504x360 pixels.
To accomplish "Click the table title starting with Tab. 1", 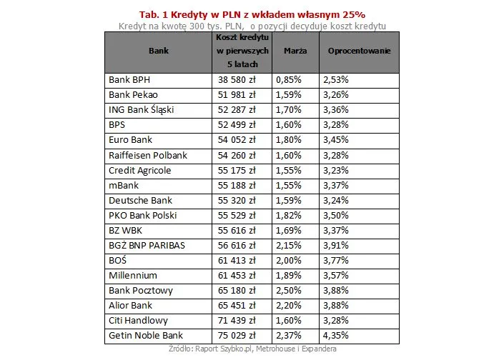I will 252,14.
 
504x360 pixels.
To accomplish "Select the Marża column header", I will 295,51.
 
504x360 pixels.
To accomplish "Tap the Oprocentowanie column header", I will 359,51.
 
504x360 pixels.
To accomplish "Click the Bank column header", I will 159,51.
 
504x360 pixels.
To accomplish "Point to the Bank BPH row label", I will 129,80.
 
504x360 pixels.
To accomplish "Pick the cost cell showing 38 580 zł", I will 237,80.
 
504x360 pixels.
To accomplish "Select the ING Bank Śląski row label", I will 141,110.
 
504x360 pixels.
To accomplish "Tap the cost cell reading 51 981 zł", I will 237,95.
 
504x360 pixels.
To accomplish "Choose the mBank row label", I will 124,185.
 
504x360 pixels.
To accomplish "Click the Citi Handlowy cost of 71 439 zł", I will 237,320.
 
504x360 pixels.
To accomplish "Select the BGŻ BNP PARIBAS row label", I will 147,245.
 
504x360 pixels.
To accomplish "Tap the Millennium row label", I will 133,275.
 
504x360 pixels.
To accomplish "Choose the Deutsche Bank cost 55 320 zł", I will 237,200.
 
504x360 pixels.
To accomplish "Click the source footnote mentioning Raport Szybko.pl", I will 252,349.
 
